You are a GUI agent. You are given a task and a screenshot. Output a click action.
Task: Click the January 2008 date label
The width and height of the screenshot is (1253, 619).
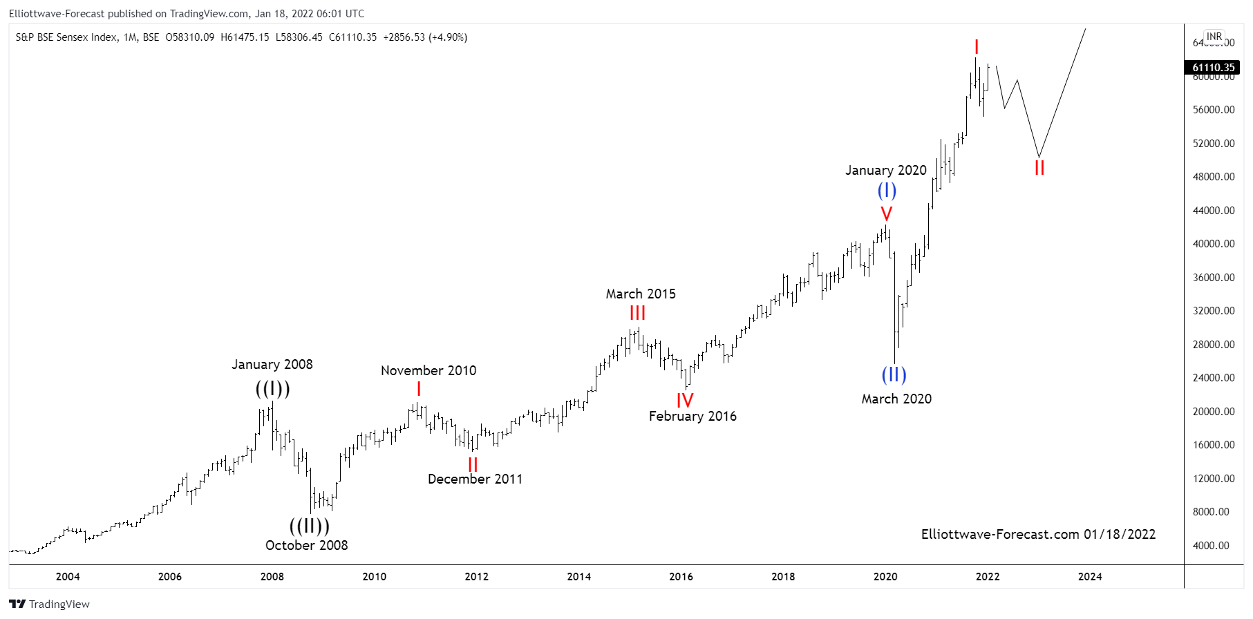272,364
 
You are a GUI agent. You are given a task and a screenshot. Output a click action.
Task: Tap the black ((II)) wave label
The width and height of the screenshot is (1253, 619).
309,526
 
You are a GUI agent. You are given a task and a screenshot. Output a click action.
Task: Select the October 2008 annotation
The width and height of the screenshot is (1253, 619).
306,545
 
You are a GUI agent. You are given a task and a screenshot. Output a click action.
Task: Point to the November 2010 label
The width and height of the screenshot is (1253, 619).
428,370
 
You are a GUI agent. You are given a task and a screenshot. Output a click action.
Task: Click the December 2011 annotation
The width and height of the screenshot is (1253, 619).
475,479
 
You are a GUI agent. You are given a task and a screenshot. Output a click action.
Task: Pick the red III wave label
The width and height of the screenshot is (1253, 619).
637,314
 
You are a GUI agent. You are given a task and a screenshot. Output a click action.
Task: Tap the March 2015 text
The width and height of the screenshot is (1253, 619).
641,294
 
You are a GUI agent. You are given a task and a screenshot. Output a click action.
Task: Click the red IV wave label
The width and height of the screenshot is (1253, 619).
684,401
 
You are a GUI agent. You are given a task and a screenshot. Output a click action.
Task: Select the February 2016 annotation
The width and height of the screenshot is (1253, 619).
693,416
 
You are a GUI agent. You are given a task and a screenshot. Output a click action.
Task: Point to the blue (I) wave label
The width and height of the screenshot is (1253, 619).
887,190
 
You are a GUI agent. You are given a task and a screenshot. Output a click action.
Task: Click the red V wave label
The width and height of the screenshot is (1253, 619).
886,214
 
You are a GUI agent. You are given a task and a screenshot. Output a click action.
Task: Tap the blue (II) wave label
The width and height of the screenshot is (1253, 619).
894,375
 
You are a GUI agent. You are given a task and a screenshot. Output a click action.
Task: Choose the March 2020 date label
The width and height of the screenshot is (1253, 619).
896,399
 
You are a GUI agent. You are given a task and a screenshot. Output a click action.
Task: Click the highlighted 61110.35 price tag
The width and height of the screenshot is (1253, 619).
1213,67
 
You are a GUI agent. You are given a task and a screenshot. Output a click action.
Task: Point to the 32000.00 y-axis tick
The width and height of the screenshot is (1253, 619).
1214,311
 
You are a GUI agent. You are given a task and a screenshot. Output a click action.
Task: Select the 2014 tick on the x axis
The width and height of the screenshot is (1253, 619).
578,576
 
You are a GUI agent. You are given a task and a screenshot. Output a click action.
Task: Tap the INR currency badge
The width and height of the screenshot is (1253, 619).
1214,37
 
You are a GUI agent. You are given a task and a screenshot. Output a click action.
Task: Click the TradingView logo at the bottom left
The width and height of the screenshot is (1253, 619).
50,604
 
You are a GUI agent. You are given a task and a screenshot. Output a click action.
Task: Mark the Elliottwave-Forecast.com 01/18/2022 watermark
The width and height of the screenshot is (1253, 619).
1038,534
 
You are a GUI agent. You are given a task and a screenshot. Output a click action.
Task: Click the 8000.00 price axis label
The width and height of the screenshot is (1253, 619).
1214,512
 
